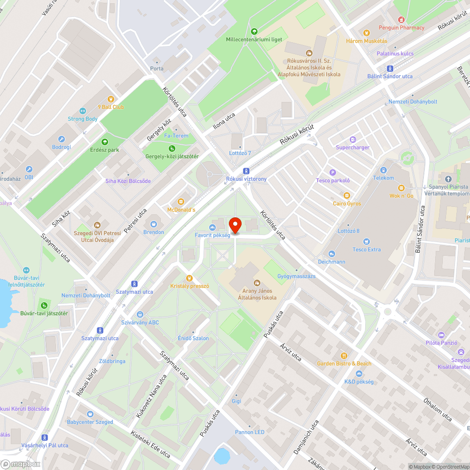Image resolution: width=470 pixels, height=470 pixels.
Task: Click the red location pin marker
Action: click(235, 225)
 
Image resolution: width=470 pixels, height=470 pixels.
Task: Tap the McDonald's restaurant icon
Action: click(180, 202)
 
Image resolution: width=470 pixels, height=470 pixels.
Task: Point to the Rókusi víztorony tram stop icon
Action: click(246, 171)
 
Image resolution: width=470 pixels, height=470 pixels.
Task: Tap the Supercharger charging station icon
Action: click(352, 140)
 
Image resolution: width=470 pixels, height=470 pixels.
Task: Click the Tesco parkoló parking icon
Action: click(333, 172)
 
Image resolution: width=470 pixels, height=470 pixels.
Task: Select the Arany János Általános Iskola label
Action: click(257, 294)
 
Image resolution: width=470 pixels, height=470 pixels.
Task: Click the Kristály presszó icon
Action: click(189, 278)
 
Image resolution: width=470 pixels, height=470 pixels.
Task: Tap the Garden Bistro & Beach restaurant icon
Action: click(344, 356)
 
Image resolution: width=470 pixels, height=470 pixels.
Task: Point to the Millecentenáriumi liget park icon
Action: click(254, 31)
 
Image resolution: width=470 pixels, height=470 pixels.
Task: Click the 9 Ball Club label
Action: click(111, 107)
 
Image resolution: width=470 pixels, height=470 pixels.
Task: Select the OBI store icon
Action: click(29, 170)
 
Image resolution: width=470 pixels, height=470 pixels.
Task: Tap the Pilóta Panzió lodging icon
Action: click(441, 335)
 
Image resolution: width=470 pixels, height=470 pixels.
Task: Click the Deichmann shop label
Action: click(331, 262)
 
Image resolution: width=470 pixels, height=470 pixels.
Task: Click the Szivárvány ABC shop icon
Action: click(140, 314)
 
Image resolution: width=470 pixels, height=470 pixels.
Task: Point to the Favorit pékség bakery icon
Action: click(212, 227)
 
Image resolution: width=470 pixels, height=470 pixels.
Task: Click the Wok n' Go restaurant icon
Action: click(401, 188)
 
